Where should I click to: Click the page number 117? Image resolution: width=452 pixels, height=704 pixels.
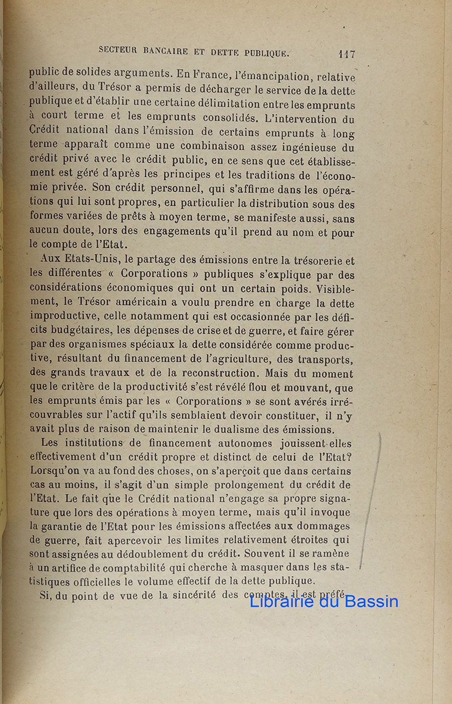pos(346,54)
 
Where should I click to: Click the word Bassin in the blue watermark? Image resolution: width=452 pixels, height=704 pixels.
pos(372,601)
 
